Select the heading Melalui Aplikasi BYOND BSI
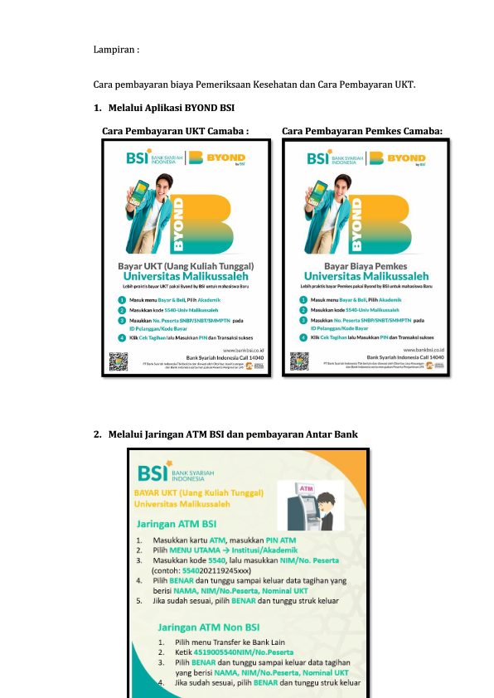tap(172, 107)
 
